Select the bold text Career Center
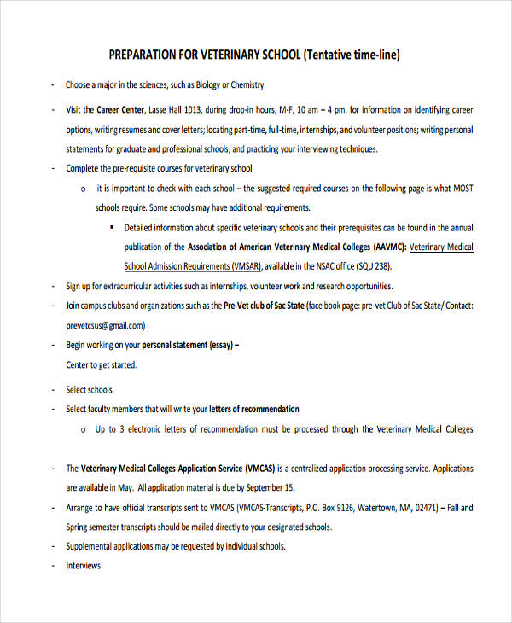coord(119,110)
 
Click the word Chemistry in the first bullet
coord(243,84)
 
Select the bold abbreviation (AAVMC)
coord(387,247)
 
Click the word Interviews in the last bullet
coord(84,566)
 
